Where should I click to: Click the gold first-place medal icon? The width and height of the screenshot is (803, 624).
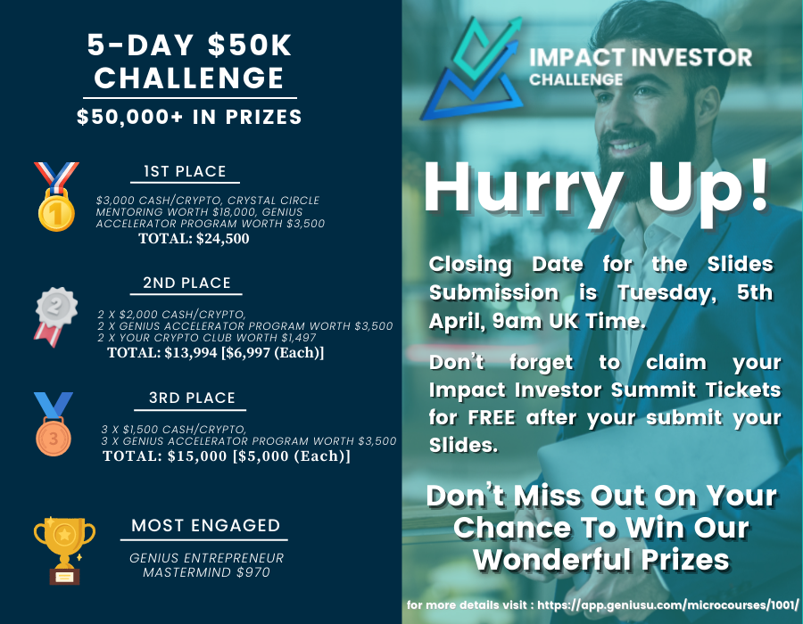[56, 197]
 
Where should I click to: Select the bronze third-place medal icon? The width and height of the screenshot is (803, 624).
[54, 424]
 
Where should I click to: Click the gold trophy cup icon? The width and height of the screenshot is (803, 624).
[64, 550]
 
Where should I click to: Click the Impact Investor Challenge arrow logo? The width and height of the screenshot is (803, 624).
[472, 69]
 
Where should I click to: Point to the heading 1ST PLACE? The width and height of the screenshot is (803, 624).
[185, 171]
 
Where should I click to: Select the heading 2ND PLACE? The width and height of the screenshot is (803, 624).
[186, 283]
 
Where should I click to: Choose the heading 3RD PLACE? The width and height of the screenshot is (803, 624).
[192, 398]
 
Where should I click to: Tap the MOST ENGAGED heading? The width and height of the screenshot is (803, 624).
[205, 525]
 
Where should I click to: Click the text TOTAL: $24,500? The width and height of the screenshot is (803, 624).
[194, 238]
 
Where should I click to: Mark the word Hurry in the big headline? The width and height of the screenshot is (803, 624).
[523, 189]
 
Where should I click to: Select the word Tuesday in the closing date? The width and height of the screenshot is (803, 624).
[666, 293]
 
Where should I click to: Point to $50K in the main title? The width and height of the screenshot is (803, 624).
[250, 45]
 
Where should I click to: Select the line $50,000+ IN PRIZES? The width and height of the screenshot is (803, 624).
[189, 117]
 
